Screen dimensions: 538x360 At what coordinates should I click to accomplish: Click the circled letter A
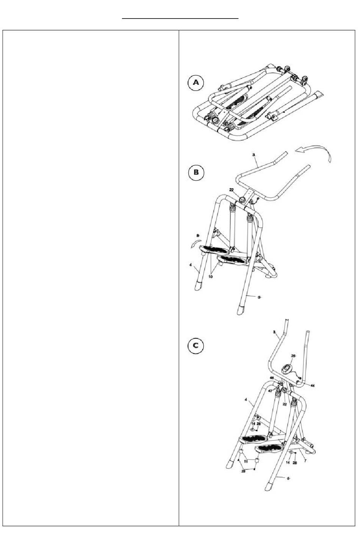[x=196, y=83]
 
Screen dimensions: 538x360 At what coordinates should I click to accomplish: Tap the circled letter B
[x=196, y=172]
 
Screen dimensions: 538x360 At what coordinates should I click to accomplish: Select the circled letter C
[x=196, y=346]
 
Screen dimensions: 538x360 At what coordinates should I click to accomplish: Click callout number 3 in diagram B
[x=254, y=155]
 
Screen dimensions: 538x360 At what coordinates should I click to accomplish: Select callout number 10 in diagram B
[x=211, y=277]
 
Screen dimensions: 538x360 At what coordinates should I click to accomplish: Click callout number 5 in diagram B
[x=259, y=298]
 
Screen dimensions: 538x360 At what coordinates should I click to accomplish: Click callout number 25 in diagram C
[x=293, y=356]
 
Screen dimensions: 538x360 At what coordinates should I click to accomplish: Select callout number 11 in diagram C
[x=246, y=462]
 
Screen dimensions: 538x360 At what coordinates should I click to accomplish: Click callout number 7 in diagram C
[x=305, y=461]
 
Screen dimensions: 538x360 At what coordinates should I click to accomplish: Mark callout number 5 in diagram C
[x=288, y=479]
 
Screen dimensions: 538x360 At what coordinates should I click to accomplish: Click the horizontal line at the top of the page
[x=180, y=18]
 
